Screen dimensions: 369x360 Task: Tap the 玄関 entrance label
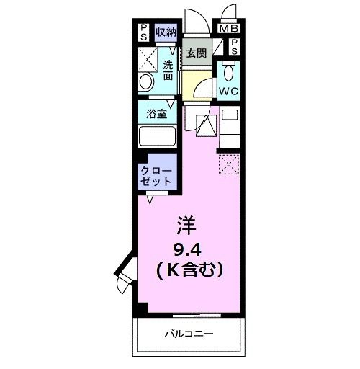(x=196, y=53)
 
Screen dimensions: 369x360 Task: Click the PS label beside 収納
(x=144, y=32)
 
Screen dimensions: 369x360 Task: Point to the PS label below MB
(x=235, y=47)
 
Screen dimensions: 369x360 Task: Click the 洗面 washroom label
(x=167, y=68)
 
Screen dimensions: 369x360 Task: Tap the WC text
(x=229, y=91)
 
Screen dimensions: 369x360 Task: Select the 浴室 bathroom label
(x=158, y=113)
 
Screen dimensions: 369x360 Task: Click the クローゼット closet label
(x=156, y=177)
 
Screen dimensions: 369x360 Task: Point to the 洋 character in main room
(x=186, y=225)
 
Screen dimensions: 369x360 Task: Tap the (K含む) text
(x=188, y=270)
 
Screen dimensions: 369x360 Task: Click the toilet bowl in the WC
(x=228, y=72)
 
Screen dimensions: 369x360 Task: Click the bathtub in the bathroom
(x=158, y=136)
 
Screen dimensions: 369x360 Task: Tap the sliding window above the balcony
(x=195, y=314)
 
